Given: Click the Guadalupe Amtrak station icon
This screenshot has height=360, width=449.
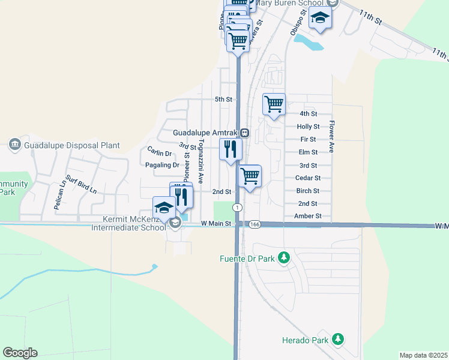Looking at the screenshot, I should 245,133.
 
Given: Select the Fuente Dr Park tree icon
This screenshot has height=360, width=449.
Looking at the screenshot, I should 285,259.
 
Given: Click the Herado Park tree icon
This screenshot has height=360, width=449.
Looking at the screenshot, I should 339,340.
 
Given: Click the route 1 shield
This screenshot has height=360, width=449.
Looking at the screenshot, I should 238,207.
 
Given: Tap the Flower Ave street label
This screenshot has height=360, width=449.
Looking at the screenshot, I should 331,138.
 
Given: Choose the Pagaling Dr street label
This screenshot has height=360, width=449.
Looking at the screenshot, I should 162,165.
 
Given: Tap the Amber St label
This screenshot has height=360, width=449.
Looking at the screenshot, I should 308,216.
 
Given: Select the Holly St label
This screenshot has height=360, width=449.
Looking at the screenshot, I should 308,127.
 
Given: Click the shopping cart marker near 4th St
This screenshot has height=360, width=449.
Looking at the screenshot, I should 274,104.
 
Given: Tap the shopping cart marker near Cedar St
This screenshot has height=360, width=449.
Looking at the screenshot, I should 250,176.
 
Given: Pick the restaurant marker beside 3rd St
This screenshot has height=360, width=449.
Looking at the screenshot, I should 231,149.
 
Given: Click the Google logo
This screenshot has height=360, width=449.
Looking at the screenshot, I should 20,353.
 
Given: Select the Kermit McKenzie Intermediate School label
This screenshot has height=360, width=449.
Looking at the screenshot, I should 127,223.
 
